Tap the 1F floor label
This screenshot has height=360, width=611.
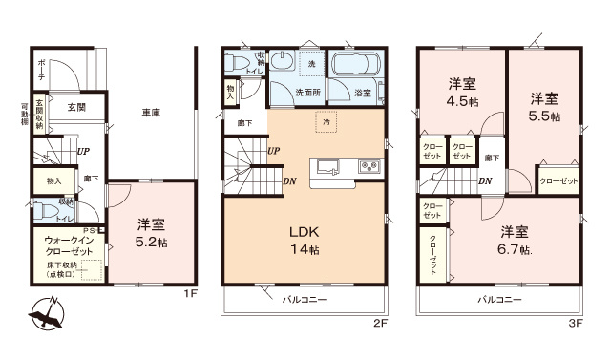[x=190, y=294]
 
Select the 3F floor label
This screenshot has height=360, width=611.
[x=575, y=324]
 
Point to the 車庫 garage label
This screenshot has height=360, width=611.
[x=150, y=114]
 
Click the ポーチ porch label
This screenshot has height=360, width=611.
[x=41, y=66]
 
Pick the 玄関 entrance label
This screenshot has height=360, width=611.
[x=76, y=108]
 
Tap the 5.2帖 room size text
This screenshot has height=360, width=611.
[x=150, y=244]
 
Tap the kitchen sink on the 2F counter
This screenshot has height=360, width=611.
[x=327, y=166]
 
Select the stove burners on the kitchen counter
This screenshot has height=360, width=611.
[x=369, y=167]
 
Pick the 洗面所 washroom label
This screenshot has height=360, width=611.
[x=305, y=94]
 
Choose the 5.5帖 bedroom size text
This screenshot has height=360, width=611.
[x=544, y=107]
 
